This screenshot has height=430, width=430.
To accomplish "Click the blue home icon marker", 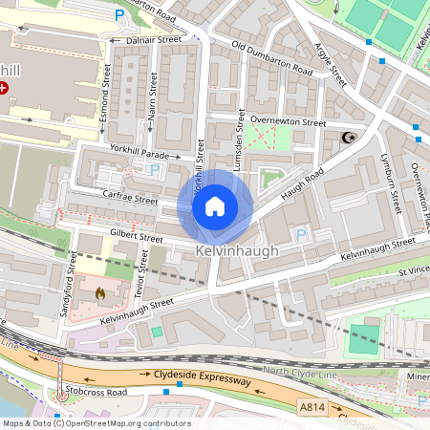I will [215, 206].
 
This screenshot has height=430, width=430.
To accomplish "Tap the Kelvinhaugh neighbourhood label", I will [238, 250].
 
